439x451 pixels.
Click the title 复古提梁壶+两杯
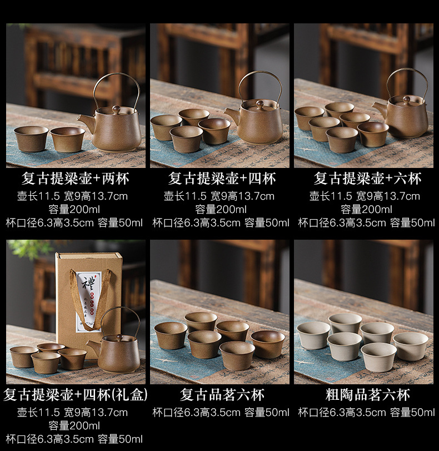[76, 179]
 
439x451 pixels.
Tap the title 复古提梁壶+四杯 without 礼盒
[222, 179]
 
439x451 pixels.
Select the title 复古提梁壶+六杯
[367, 179]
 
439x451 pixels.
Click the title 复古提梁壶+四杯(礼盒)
[76, 395]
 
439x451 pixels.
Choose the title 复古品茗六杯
[222, 395]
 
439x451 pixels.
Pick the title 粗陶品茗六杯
[367, 395]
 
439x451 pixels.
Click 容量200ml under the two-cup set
[74, 210]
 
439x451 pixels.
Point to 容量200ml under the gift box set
[74, 425]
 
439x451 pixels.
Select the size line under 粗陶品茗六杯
[366, 413]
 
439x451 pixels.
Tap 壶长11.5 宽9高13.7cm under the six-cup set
[365, 196]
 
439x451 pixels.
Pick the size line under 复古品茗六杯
[221, 413]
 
